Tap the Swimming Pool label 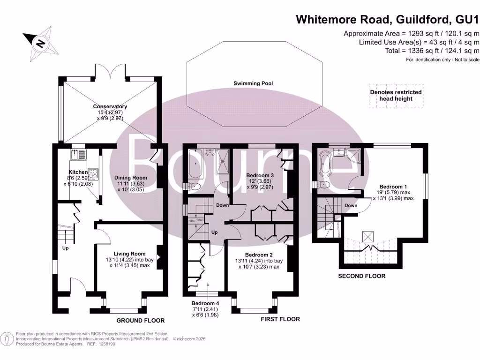253,83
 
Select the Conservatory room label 110,106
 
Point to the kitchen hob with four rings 93,174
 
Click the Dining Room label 131,178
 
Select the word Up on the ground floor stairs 65,248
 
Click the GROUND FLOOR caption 141,321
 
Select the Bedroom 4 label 205,303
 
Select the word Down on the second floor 351,206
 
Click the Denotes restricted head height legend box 396,96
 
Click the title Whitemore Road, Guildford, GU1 387,20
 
